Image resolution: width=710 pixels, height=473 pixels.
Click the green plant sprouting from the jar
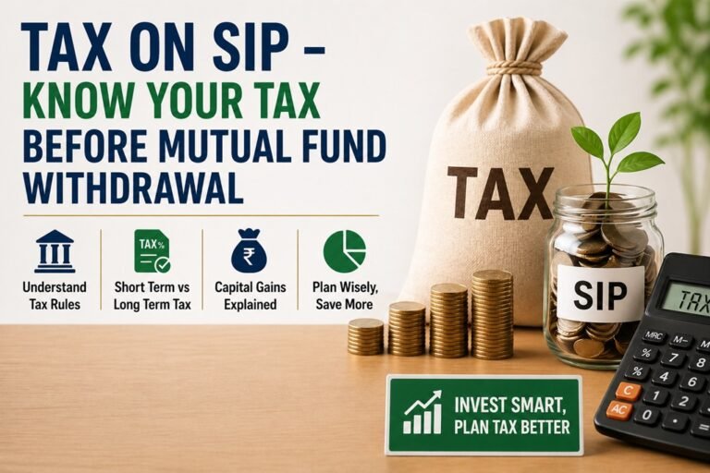[x=615, y=148]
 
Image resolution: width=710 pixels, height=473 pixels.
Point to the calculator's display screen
[x=684, y=297]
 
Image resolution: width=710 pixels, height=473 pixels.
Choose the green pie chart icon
[x=344, y=250]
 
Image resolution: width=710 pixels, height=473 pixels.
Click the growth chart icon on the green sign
[x=422, y=413]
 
